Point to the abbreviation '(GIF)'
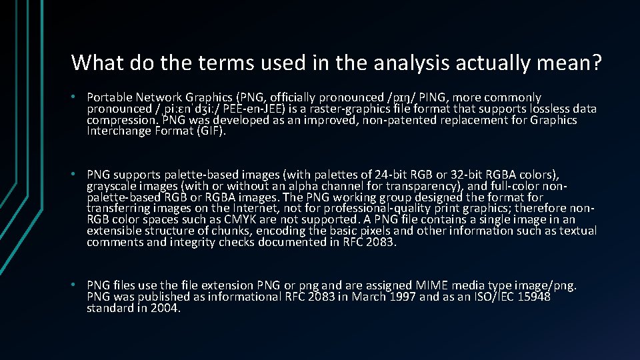tap(211, 131)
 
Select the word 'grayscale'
tap(111, 187)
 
